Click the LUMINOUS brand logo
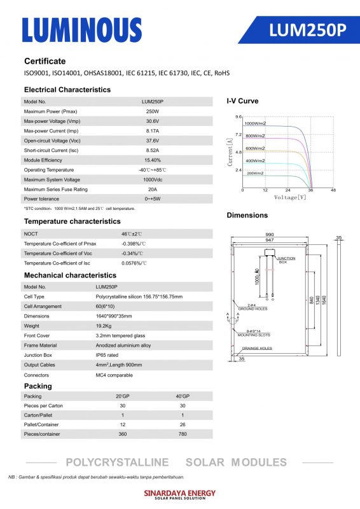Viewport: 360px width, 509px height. tap(82, 30)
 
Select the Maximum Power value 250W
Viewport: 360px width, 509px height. tap(152, 112)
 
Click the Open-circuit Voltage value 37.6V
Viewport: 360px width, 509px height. tap(152, 141)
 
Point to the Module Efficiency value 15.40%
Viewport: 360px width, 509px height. tap(152, 160)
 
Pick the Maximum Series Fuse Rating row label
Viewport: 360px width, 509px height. tap(55, 190)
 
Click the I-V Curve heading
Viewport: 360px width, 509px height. tap(242, 101)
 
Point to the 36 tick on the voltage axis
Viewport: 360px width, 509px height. tap(310, 190)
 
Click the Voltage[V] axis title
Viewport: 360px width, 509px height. tap(290, 197)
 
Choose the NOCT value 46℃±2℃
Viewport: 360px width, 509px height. tap(132, 234)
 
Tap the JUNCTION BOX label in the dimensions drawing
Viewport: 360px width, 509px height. tap(286, 260)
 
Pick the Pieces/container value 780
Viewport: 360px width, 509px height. tap(183, 434)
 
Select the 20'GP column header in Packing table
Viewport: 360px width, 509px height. tap(123, 396)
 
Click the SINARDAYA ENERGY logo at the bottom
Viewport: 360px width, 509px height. tap(180, 494)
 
